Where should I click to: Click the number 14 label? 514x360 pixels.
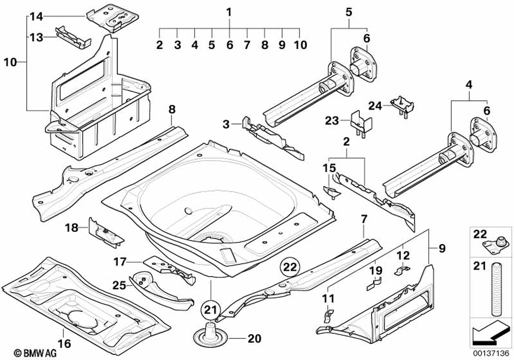36,16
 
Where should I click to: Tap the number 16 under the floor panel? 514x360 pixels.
64,344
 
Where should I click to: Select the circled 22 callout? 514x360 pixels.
290,267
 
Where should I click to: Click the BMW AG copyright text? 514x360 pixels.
35,353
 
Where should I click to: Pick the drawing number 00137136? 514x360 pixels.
491,354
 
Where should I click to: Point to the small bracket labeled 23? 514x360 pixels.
361,125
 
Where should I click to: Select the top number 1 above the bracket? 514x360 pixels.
229,12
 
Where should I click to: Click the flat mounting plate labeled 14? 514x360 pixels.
113,17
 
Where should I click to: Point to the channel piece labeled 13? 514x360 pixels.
73,38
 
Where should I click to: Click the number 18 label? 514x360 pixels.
71,227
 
